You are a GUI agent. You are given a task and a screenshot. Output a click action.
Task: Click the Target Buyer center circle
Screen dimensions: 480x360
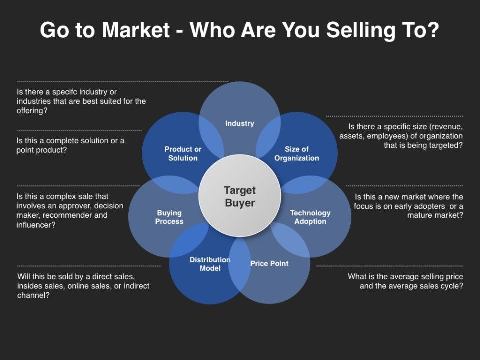240,196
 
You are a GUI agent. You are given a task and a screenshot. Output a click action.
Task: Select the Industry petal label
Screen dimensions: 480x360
240,123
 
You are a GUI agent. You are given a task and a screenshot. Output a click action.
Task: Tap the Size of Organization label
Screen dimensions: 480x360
297,153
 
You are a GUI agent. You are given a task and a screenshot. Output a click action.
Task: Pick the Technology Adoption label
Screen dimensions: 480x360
310,217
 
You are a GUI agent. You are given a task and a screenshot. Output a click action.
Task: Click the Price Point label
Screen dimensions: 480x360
269,264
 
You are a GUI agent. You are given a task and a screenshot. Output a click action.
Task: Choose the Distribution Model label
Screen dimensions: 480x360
210,264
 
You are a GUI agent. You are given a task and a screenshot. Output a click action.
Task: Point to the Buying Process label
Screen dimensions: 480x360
169,217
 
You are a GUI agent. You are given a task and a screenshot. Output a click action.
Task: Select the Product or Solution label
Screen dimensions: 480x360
183,153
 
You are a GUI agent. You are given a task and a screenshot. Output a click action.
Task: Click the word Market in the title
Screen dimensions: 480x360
136,30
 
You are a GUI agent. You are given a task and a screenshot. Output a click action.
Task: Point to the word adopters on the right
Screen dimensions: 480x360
430,206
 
